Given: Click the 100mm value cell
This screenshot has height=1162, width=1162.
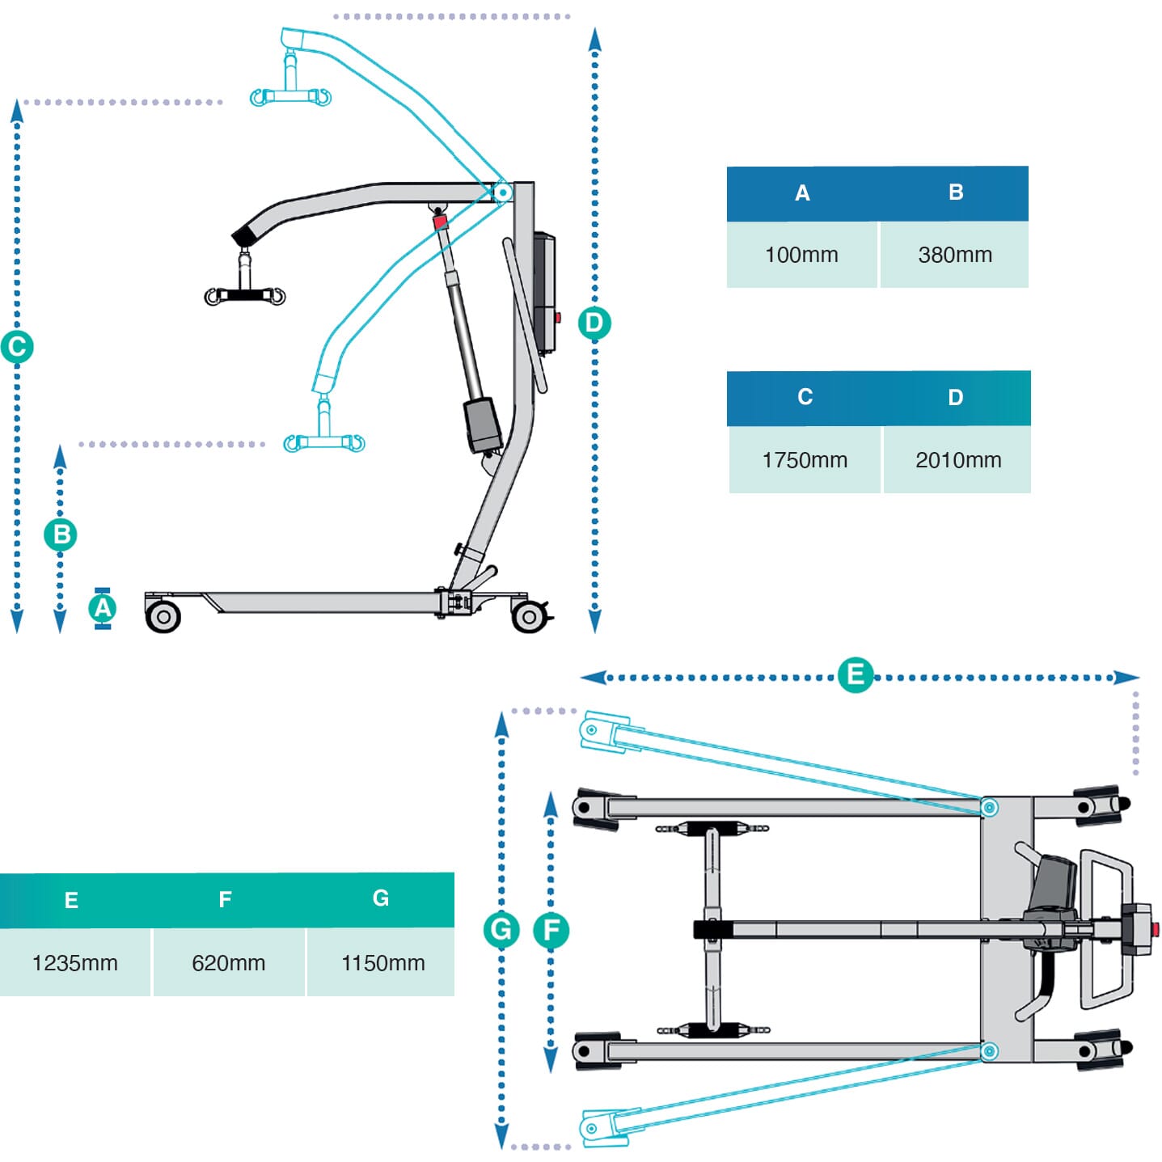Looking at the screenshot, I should (x=801, y=255).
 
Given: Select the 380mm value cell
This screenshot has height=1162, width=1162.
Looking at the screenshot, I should (x=954, y=255).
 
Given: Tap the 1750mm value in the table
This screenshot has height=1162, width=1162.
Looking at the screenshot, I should (x=804, y=460).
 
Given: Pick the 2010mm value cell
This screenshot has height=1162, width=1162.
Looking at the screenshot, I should (x=957, y=460).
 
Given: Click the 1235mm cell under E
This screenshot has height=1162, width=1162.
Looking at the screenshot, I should (x=74, y=962).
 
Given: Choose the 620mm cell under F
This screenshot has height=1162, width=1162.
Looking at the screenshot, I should (x=228, y=962).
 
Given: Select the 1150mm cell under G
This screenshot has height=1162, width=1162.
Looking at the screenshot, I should (x=382, y=962).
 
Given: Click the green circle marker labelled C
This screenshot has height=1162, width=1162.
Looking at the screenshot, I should (x=17, y=347).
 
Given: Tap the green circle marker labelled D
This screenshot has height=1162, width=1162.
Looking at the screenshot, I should (x=594, y=323).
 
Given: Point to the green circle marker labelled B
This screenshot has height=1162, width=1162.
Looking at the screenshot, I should (x=61, y=535).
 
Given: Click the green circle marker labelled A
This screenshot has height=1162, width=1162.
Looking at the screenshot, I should (x=103, y=608).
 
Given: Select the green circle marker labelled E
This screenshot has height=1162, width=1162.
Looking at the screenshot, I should (x=855, y=674).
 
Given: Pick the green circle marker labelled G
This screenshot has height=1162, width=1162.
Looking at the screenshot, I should (x=501, y=929).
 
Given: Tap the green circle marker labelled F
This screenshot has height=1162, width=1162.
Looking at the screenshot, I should (x=551, y=929).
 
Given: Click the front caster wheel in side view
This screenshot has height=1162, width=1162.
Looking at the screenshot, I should (x=163, y=617).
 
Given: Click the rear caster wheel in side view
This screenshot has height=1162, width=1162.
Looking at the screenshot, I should (x=529, y=617).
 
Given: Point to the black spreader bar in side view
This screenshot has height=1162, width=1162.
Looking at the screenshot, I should (x=245, y=295).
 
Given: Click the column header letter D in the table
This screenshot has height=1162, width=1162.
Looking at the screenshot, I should (x=955, y=398).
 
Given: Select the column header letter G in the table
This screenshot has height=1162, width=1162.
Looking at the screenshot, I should (x=381, y=898).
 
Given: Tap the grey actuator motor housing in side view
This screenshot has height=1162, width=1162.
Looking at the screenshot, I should (x=483, y=425).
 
